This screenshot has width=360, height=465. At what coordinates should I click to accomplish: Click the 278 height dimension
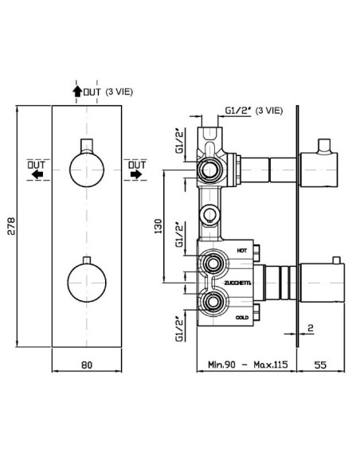tap(11, 226)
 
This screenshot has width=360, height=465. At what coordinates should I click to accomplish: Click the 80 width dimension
tap(87, 365)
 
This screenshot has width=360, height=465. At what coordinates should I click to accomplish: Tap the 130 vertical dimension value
tap(158, 226)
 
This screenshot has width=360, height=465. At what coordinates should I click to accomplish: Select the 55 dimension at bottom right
tap(320, 365)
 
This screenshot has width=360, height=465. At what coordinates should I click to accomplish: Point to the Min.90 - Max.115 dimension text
tap(248, 365)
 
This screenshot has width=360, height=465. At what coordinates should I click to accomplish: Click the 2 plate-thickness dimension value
tap(311, 328)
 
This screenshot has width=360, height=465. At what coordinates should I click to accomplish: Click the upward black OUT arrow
tap(77, 92)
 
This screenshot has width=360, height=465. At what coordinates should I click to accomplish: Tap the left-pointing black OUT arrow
tap(37, 174)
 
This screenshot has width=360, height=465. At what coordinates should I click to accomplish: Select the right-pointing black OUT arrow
tap(136, 174)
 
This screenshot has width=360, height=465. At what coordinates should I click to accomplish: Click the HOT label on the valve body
tap(241, 251)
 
